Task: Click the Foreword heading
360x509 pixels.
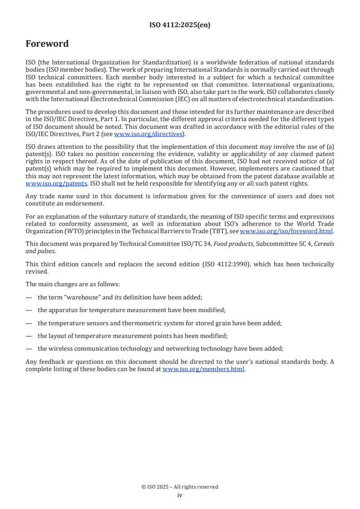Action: pos(47,44)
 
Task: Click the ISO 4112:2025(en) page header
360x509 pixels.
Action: pos(180,25)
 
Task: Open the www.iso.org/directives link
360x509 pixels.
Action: pos(148,134)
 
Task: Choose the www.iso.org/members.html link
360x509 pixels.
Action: pos(203,369)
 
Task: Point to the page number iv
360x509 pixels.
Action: pos(180,495)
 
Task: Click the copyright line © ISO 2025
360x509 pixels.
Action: pos(180,487)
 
